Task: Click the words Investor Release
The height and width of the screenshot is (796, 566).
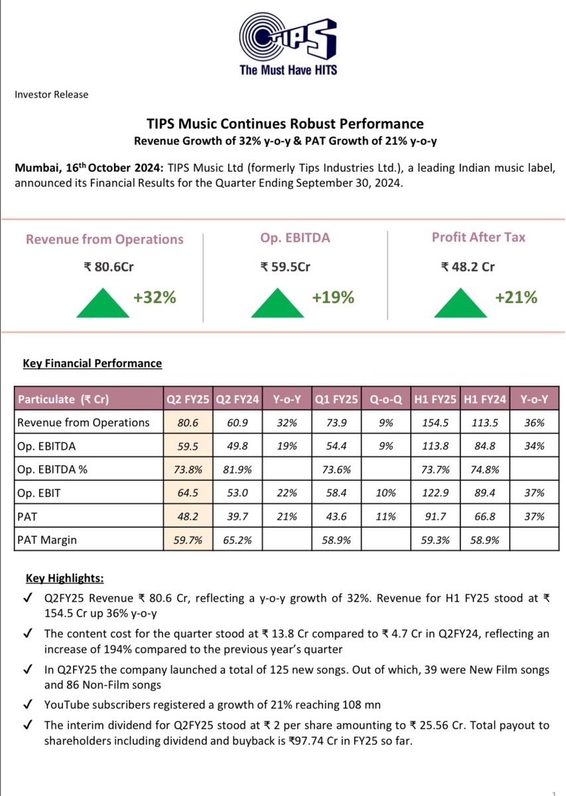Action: tap(51, 94)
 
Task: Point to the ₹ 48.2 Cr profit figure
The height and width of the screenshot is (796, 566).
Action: tap(468, 267)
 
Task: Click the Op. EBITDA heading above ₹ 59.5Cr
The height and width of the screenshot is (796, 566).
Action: tap(285, 237)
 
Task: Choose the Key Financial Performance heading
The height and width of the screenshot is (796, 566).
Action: tap(92, 364)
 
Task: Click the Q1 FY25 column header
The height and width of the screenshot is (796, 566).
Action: tap(335, 399)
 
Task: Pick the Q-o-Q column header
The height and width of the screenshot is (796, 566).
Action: tap(385, 399)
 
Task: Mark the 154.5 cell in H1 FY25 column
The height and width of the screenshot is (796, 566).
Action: tap(435, 423)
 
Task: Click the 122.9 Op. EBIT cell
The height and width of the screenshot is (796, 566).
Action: tap(435, 493)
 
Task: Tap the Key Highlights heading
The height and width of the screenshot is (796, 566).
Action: tap(60, 578)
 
